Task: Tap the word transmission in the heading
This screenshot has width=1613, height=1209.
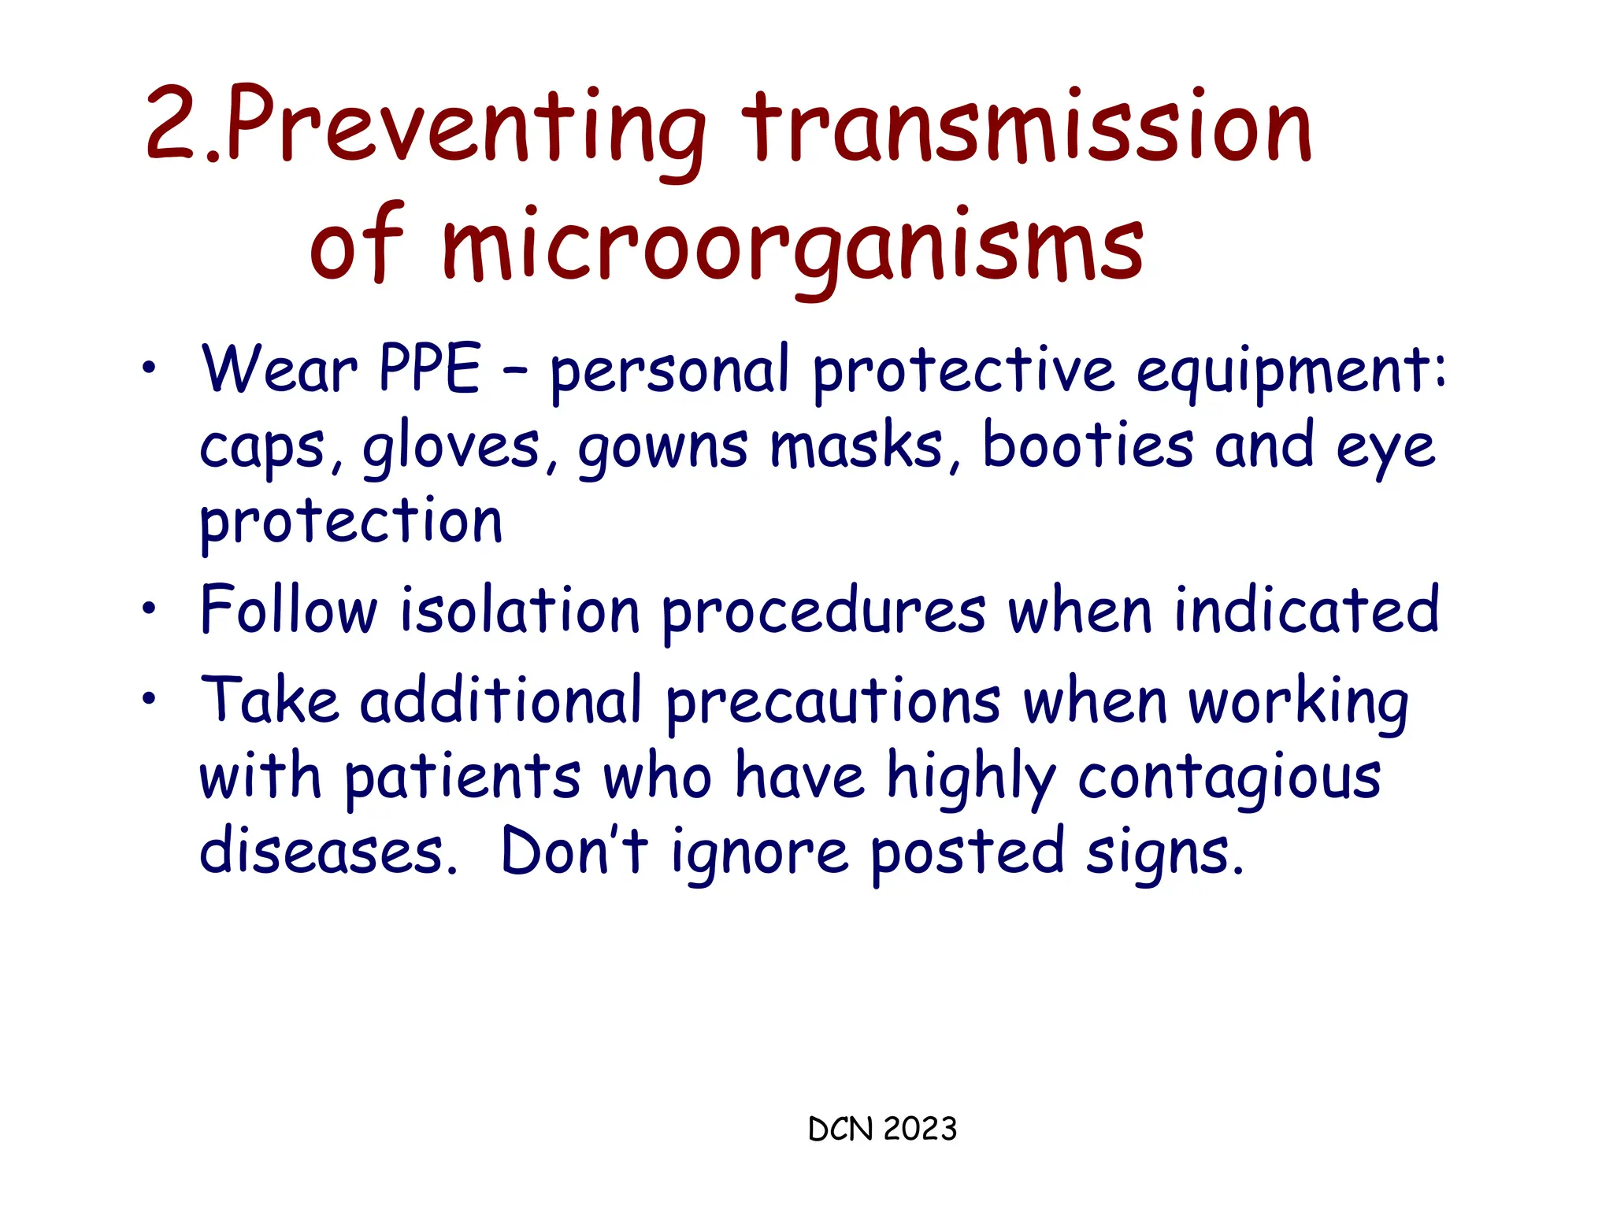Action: (1027, 126)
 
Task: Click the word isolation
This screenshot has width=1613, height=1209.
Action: (520, 611)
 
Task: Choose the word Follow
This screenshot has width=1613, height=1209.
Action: (288, 609)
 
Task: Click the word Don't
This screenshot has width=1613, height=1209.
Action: (574, 851)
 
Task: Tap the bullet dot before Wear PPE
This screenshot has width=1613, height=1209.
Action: (150, 367)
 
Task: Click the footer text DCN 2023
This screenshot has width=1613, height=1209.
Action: (882, 1129)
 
